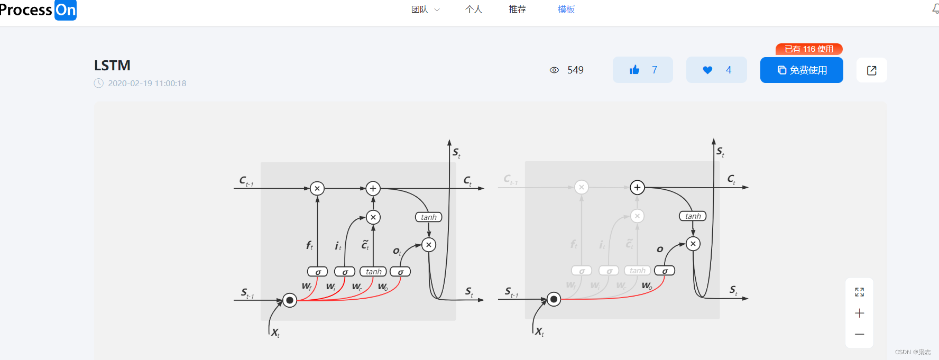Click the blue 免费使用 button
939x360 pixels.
coord(802,70)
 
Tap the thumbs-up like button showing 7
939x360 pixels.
coord(642,70)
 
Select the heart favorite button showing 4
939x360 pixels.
coord(716,70)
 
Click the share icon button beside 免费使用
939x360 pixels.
coord(871,70)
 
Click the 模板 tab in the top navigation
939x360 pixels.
coord(566,10)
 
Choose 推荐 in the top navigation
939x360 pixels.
coord(517,10)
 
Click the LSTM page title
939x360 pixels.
coord(112,66)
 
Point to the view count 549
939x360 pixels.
coord(575,70)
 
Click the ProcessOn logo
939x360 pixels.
coord(38,10)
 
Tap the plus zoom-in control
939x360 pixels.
coord(859,313)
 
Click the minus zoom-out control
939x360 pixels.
coord(859,334)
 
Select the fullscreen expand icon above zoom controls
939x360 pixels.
coord(859,292)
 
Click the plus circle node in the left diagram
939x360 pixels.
coord(373,189)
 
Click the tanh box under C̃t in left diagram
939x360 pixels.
coord(373,272)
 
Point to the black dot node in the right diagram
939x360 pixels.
coord(554,300)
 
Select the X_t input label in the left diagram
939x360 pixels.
coord(275,333)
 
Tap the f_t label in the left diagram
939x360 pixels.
coord(309,245)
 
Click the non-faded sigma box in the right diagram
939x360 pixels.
coord(664,271)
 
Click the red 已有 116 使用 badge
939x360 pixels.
coord(809,49)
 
